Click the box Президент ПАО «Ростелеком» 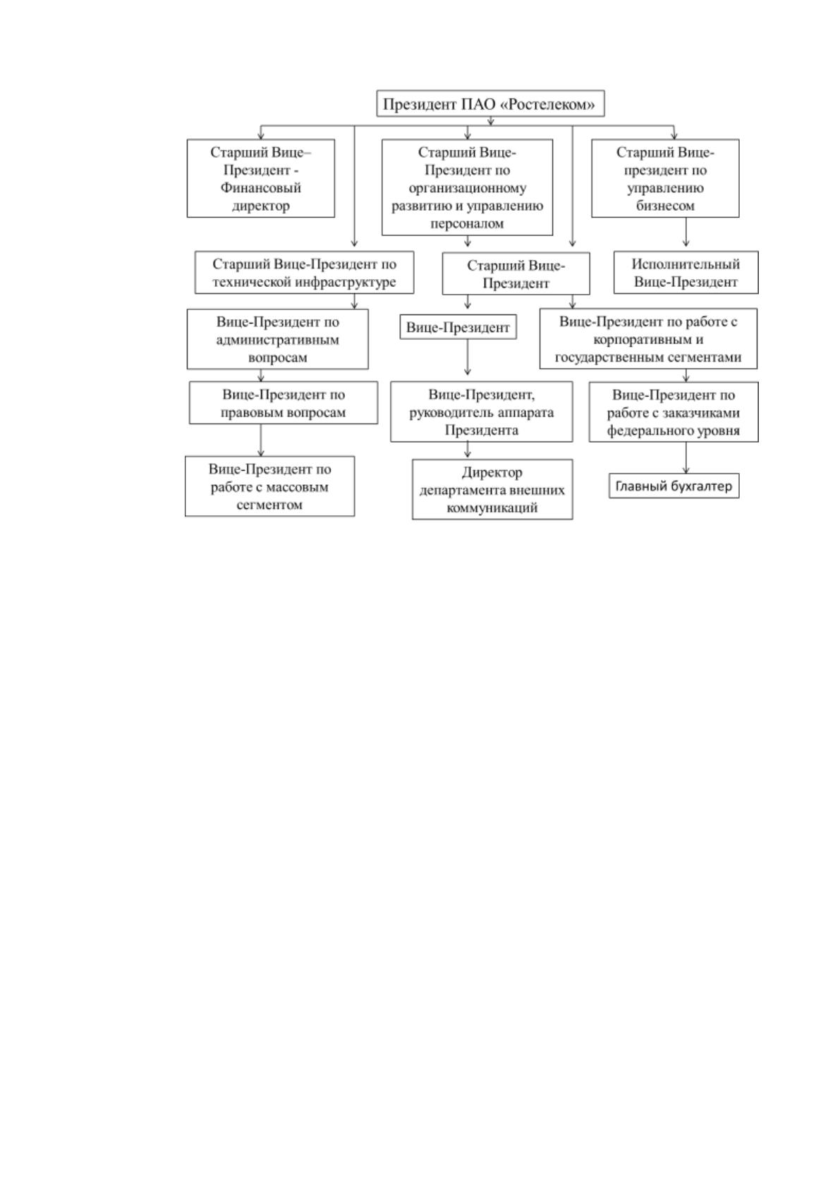(x=490, y=104)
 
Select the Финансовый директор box (x=260, y=178)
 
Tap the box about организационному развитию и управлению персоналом (x=467, y=187)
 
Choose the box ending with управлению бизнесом (x=665, y=178)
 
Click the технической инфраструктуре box (x=305, y=272)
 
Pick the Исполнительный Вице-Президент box (x=686, y=272)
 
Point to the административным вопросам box (x=277, y=339)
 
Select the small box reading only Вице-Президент (x=458, y=327)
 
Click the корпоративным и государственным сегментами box (x=648, y=338)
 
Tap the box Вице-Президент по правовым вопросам (x=284, y=402)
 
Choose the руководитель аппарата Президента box (x=482, y=412)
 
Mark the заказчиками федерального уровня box (x=674, y=412)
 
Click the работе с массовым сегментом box (x=269, y=486)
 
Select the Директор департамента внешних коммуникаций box (x=492, y=489)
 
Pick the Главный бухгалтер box (x=674, y=486)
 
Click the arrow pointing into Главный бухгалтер (x=686, y=458)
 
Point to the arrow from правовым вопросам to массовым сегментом (x=260, y=440)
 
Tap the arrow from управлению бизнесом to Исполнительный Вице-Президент (x=686, y=232)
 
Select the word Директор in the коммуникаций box (x=492, y=472)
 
